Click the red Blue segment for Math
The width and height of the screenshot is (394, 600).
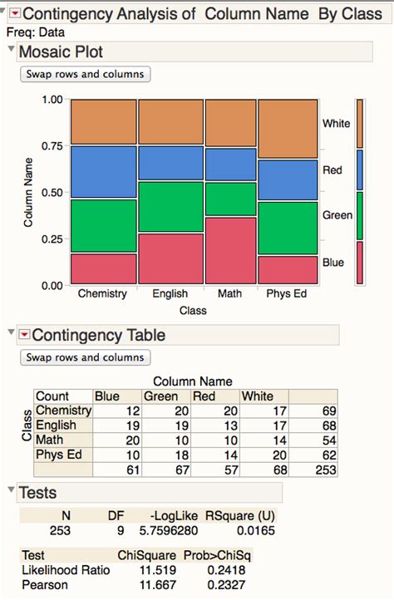click(x=230, y=251)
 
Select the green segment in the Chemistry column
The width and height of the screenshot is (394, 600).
click(x=103, y=225)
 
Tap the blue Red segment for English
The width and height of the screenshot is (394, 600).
click(x=170, y=164)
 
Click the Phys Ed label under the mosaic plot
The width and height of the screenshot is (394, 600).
click(x=287, y=294)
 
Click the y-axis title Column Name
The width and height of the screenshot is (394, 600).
click(x=28, y=192)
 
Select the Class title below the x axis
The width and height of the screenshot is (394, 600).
click(x=193, y=311)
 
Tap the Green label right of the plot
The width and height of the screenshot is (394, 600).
click(x=337, y=215)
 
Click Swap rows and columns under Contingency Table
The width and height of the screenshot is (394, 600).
click(x=85, y=357)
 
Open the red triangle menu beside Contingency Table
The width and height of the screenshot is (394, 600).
click(x=24, y=335)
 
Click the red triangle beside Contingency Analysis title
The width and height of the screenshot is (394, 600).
click(x=14, y=14)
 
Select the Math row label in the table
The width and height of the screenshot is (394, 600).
click(x=50, y=440)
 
